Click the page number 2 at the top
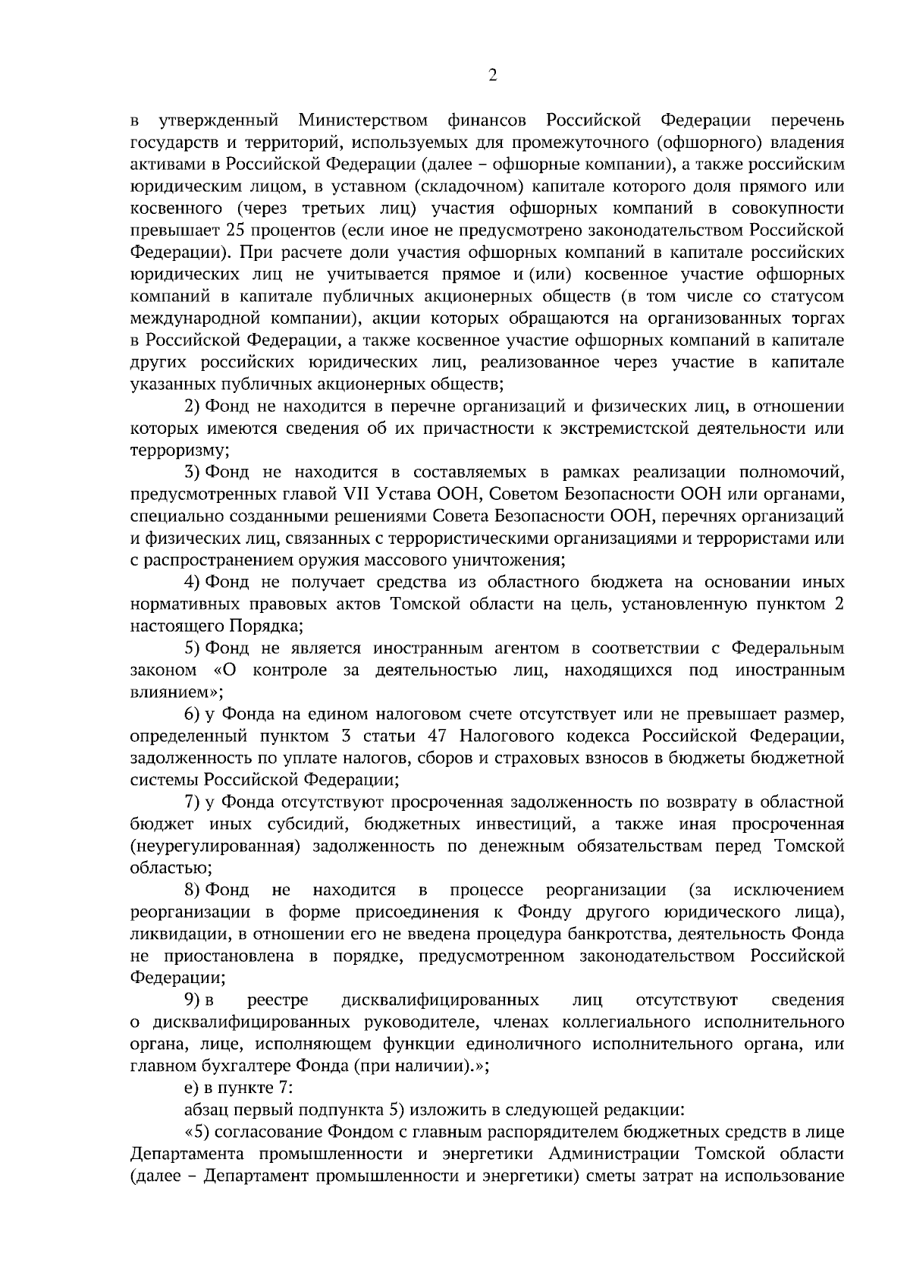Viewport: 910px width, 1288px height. [492, 75]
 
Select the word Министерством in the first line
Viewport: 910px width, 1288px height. [362, 120]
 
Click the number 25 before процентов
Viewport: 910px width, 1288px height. [234, 230]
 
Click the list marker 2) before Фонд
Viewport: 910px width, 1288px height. [193, 407]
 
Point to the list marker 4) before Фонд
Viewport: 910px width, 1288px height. [193, 583]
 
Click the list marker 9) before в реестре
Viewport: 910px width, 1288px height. [193, 1001]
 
